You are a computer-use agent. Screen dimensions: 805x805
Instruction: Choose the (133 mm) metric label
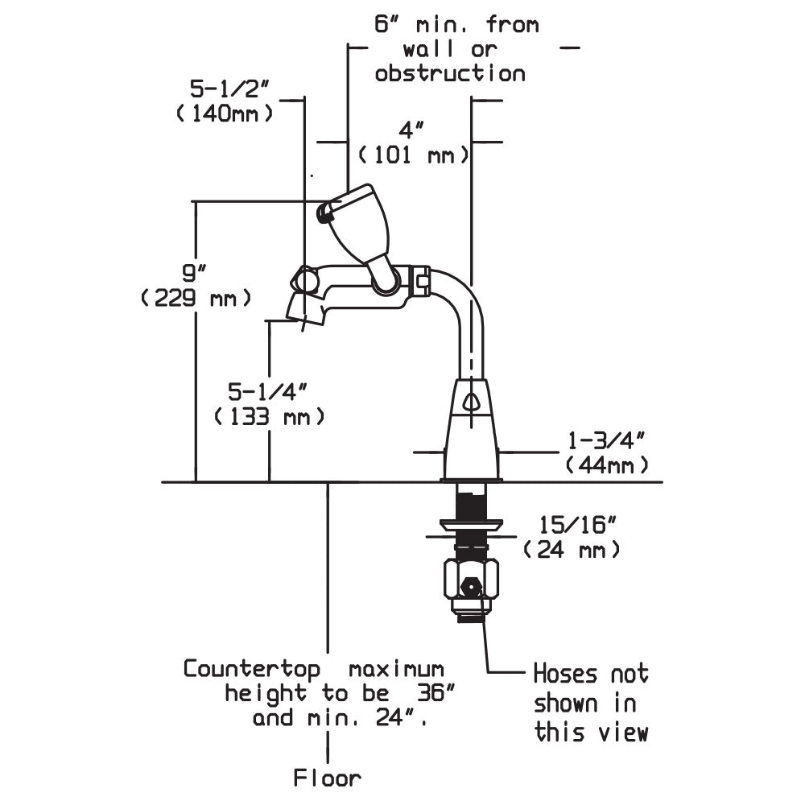(x=270, y=417)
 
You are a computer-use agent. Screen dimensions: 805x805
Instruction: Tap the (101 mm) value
(x=413, y=154)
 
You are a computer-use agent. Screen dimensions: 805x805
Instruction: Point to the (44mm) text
(x=607, y=464)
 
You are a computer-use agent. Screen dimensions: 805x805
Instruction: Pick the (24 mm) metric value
(x=572, y=550)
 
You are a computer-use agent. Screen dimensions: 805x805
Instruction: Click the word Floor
(x=328, y=778)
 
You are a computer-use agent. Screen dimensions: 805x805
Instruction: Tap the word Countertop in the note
(x=252, y=669)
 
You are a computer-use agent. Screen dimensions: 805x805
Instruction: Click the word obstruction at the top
(x=450, y=74)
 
